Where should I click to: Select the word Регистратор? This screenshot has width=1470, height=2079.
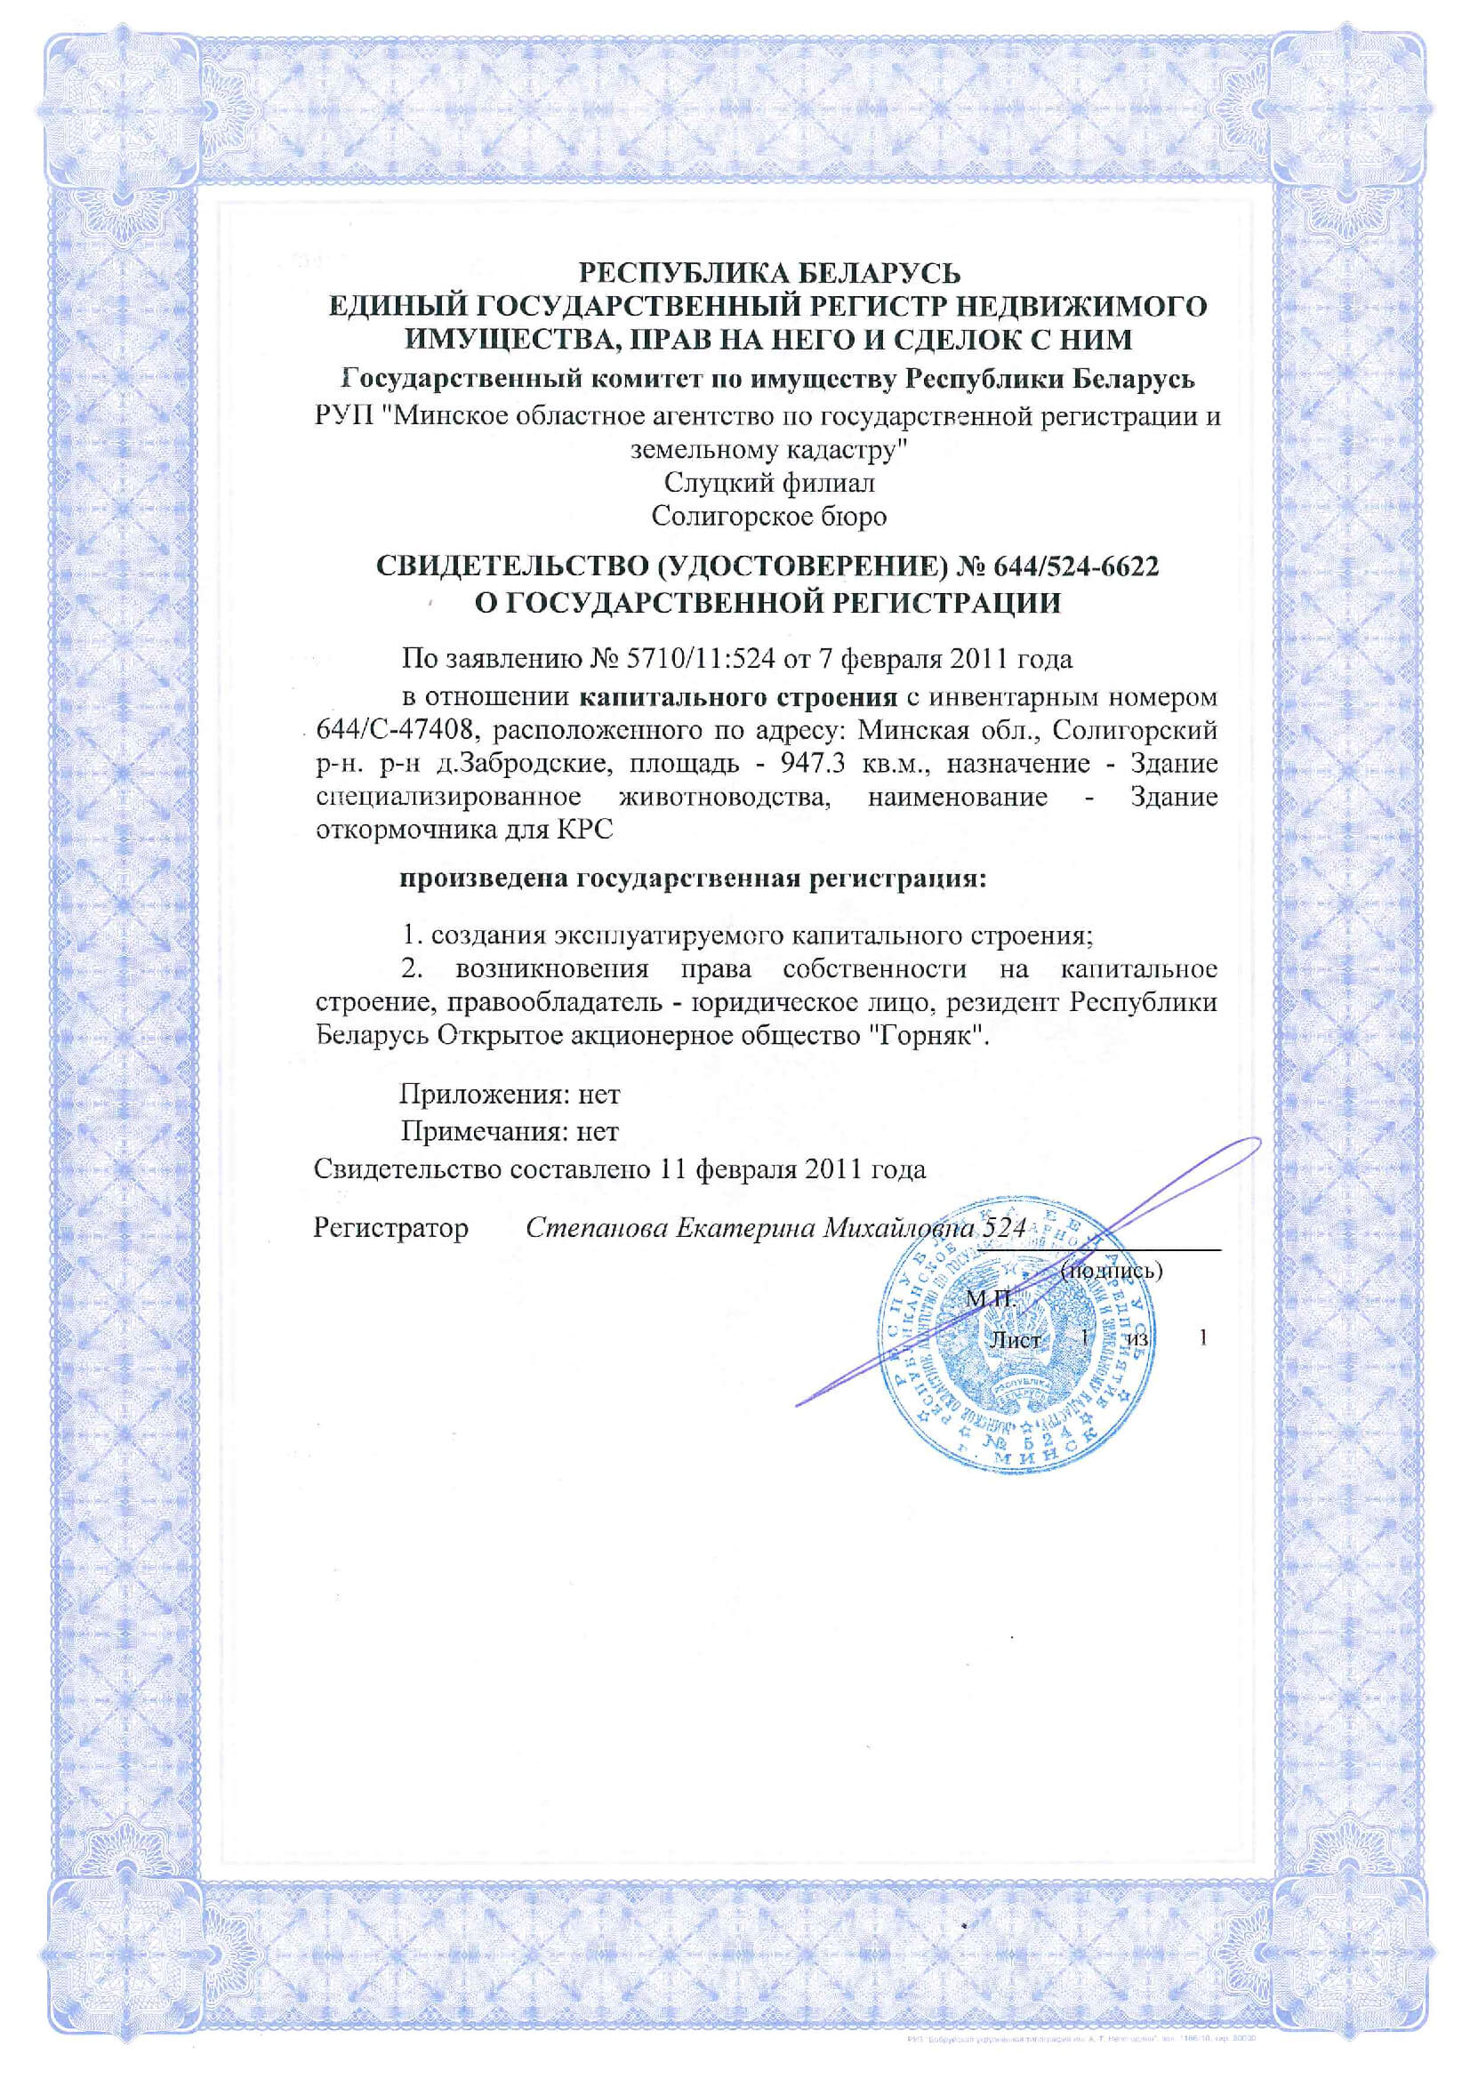391,1228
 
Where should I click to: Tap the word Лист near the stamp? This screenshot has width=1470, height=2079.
1015,1339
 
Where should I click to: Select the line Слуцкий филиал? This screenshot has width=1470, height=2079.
769,483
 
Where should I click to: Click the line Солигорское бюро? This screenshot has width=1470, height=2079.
769,517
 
